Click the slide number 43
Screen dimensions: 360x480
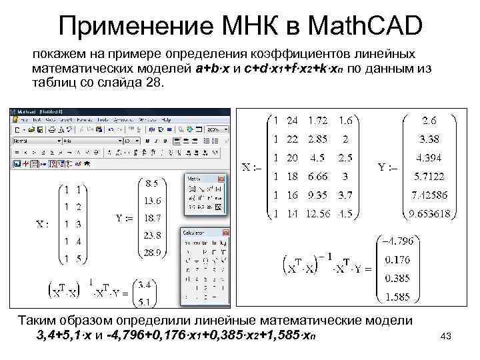point(446,337)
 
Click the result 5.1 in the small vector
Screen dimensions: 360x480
point(143,301)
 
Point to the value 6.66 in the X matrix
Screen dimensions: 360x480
point(318,177)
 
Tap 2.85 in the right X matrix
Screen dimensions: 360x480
point(318,139)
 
